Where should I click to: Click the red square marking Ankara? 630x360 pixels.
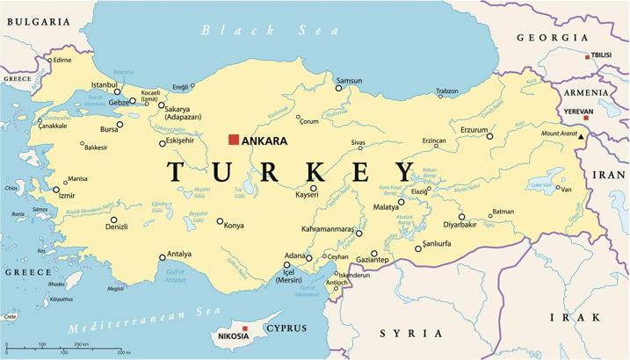[234, 139]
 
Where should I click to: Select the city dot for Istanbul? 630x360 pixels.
[117, 92]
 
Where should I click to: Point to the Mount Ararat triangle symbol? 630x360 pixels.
[581, 135]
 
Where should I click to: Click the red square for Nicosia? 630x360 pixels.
[245, 328]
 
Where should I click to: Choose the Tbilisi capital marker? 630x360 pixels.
[587, 56]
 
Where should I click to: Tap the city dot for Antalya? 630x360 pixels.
[162, 257]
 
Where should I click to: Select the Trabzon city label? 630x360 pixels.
[447, 91]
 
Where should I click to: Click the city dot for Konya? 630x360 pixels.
[220, 221]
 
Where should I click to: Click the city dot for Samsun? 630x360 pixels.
[338, 88]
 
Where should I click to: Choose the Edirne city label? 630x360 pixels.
[62, 61]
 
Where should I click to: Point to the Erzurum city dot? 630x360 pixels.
[490, 136]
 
